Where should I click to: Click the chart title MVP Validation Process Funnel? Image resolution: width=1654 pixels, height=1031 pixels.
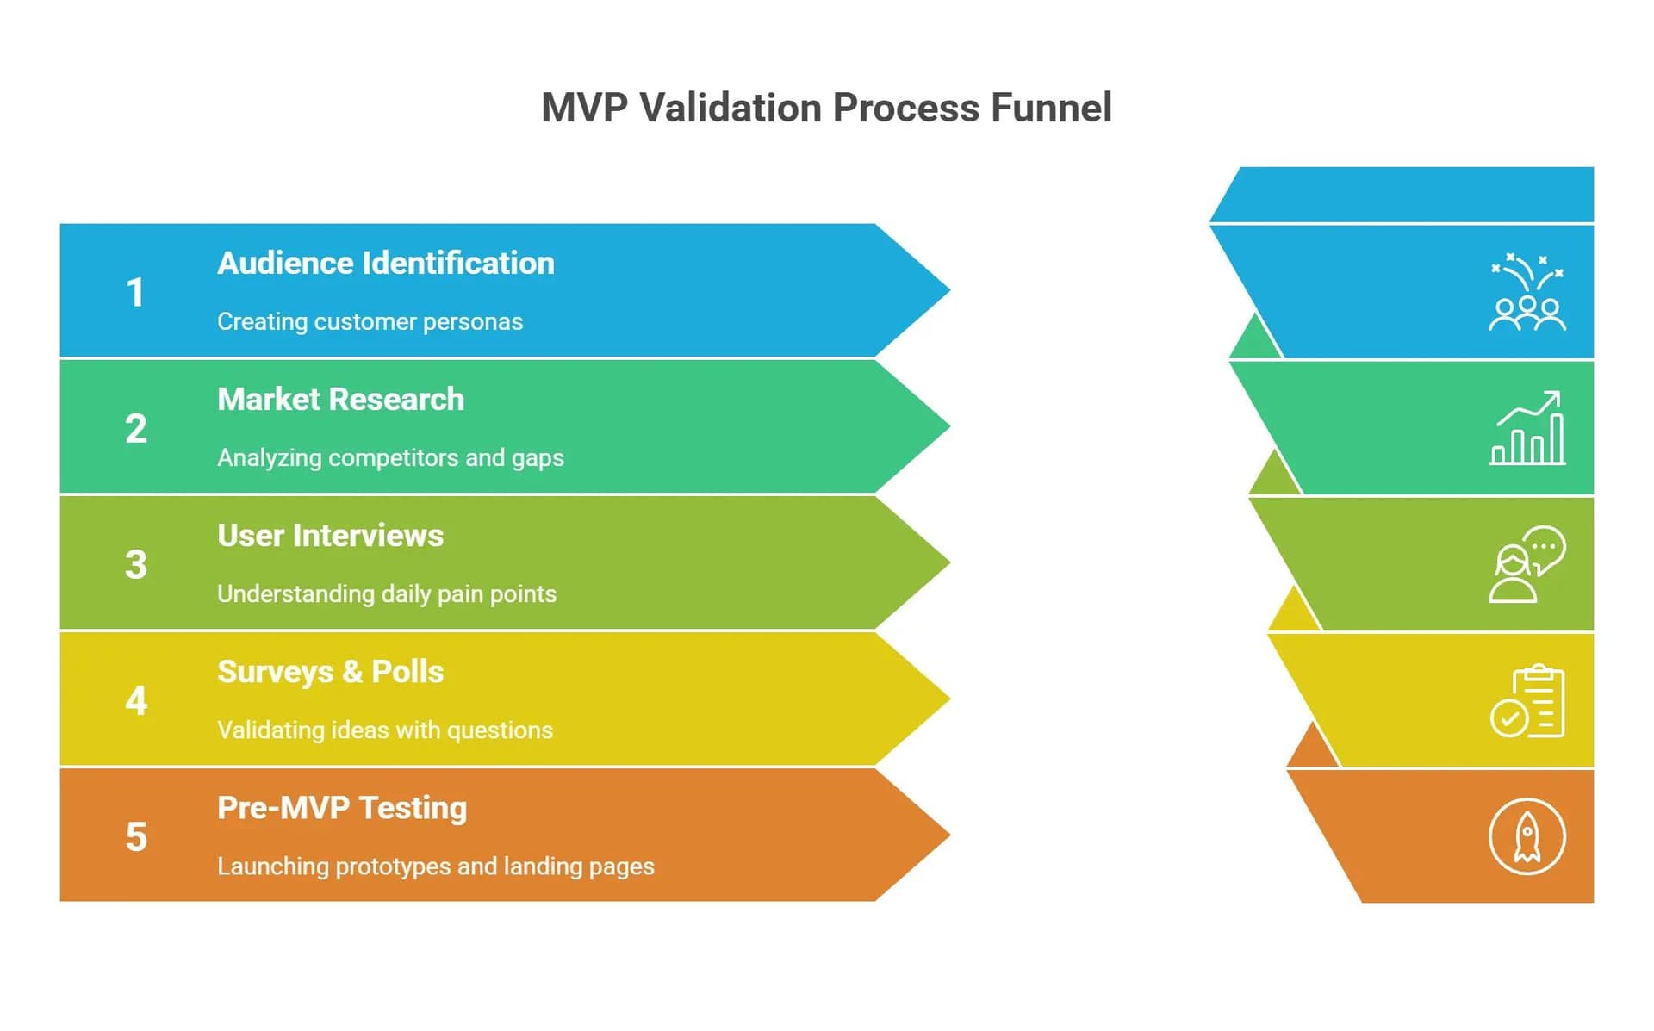pos(826,109)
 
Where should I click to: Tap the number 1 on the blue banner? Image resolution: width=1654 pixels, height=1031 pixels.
pos(135,293)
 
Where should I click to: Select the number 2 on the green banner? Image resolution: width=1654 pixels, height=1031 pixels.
pos(136,429)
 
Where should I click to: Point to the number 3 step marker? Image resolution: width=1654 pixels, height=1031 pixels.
pos(136,565)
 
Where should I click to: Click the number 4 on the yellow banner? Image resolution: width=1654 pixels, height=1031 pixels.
pos(136,701)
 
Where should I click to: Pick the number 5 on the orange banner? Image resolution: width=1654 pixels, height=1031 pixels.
pos(136,837)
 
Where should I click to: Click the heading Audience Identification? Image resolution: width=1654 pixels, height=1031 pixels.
pos(385,264)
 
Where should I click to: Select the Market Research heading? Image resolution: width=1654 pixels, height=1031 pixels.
pos(340,400)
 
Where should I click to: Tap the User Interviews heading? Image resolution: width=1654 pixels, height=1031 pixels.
pos(330,536)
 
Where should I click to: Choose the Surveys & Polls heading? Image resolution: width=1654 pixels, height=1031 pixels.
pos(330,672)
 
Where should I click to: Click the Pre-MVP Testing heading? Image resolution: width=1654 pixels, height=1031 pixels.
pos(342,808)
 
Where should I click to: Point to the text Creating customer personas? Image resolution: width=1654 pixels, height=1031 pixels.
pos(370,322)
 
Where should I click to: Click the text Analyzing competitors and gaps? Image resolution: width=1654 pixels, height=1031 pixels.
pos(390,458)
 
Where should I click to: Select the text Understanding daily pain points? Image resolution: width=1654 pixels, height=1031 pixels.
pos(387,594)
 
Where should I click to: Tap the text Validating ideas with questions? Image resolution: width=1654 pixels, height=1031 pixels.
pos(385,730)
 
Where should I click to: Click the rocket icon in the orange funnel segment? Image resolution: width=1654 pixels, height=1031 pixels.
pos(1527,836)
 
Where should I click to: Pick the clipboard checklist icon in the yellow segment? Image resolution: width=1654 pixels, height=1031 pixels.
pos(1527,701)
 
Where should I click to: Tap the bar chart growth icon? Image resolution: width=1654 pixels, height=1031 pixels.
pos(1527,428)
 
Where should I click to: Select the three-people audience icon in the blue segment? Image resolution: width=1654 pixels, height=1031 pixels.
pos(1527,293)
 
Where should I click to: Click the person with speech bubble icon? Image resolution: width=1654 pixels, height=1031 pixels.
pos(1527,564)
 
